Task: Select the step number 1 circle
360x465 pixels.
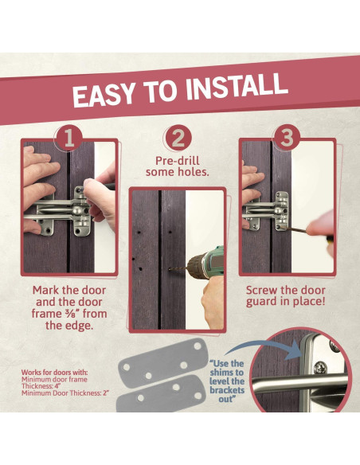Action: coord(69,138)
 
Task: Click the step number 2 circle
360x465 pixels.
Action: coord(178,138)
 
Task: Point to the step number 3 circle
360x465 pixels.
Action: coord(287,137)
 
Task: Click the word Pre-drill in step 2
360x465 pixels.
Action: coord(178,161)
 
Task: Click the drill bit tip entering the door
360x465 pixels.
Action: coord(170,269)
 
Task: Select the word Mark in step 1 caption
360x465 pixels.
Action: coord(45,290)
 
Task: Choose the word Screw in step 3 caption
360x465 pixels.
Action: coord(261,290)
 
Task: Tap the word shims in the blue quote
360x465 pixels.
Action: coord(226,372)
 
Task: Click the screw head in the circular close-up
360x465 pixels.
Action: coord(320,367)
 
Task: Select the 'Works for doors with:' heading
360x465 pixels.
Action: coord(55,373)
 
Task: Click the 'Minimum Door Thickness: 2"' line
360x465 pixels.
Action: coord(65,393)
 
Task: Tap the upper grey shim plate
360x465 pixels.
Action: coord(162,362)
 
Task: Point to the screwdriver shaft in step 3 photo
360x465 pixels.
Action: coord(294,229)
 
